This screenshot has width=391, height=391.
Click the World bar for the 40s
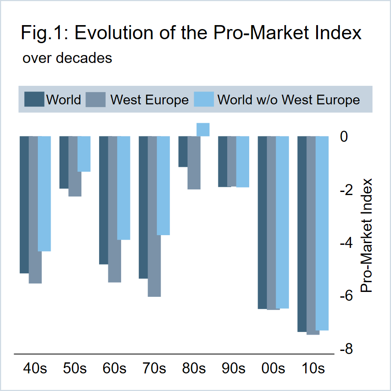tap(24, 205)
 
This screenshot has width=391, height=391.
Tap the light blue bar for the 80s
tap(203, 129)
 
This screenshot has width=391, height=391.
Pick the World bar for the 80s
tap(183, 151)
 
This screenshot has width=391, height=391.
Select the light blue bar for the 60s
tap(124, 188)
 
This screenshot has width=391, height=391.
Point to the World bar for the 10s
tap(302, 234)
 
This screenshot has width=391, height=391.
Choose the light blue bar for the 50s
tap(84, 154)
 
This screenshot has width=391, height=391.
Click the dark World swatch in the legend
tap(34, 99)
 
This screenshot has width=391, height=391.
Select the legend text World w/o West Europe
tap(288, 100)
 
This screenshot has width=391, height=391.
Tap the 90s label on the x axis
tap(233, 368)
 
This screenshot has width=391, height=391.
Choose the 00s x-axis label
tap(273, 368)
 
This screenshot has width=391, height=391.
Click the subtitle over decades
tap(67, 58)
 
